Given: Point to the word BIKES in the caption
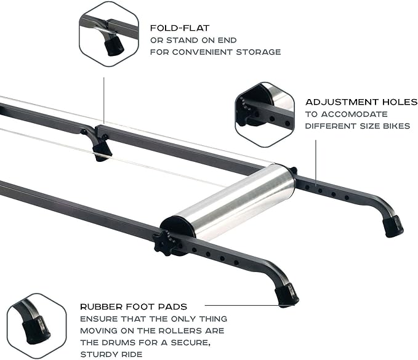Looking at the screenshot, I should click(394, 126).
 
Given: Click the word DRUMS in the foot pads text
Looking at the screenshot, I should click(124, 342).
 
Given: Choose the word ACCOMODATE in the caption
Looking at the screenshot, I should click(356, 114).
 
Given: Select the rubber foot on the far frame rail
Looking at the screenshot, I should click(392, 226).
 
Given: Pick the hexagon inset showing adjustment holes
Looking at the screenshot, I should click(265, 114).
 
